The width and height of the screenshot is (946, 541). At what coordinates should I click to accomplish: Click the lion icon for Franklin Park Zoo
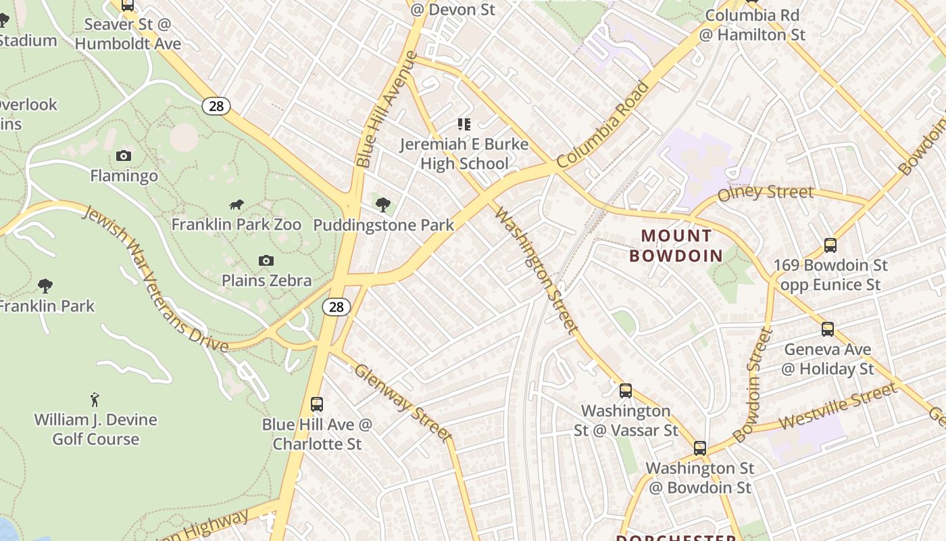click(236, 204)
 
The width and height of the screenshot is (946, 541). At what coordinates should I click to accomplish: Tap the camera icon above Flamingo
click(123, 156)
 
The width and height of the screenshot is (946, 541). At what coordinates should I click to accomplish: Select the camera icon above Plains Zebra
click(266, 260)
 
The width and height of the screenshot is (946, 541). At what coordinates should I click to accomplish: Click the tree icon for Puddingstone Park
click(383, 204)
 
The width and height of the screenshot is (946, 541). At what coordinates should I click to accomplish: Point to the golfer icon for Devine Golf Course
click(95, 400)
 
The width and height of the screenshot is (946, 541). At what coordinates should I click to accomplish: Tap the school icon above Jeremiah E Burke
click(464, 124)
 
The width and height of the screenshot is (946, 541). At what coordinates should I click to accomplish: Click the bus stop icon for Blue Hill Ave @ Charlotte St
click(316, 404)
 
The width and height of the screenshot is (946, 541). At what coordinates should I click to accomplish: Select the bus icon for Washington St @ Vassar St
click(626, 390)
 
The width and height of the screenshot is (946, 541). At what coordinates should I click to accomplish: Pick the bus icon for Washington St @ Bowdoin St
click(700, 448)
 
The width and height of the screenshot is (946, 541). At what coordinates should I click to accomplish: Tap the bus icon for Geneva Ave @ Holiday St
click(828, 329)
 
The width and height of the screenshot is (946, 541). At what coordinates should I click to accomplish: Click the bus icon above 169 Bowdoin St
click(830, 245)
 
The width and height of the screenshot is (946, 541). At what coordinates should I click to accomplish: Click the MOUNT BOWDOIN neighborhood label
click(676, 245)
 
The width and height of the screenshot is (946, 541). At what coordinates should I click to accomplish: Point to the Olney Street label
click(766, 193)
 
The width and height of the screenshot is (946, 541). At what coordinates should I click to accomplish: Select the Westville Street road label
click(838, 406)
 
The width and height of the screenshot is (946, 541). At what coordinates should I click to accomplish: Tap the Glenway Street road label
click(403, 402)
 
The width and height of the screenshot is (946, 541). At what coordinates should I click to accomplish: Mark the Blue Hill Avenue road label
click(386, 110)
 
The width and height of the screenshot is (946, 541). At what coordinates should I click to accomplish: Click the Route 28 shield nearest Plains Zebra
click(336, 307)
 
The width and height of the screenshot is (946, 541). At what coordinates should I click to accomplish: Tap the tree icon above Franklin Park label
click(45, 285)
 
